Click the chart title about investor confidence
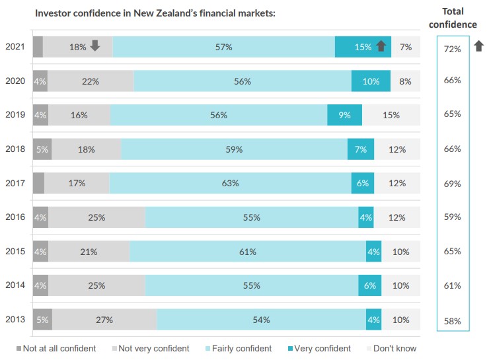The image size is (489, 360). (x=155, y=13)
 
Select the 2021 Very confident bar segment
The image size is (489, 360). (x=363, y=47)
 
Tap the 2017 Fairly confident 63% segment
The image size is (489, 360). (x=230, y=183)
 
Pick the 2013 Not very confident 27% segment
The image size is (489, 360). (x=104, y=320)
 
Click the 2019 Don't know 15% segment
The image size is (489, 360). (x=391, y=115)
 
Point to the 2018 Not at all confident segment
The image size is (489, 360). (x=42, y=149)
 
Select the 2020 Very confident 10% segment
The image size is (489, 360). (x=371, y=81)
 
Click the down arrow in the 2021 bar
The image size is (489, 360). (x=94, y=46)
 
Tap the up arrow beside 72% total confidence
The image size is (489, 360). (x=479, y=46)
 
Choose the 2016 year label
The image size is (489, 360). (x=15, y=217)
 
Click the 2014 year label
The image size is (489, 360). (x=15, y=285)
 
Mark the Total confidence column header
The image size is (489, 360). (x=453, y=18)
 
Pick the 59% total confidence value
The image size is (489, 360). (x=453, y=217)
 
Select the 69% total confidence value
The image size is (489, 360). (x=453, y=184)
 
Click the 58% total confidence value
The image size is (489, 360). (x=453, y=322)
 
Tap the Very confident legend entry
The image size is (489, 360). (x=319, y=348)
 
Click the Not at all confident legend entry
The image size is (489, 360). (x=57, y=348)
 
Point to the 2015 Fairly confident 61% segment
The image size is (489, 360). (x=248, y=252)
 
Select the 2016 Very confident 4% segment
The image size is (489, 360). (x=366, y=217)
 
